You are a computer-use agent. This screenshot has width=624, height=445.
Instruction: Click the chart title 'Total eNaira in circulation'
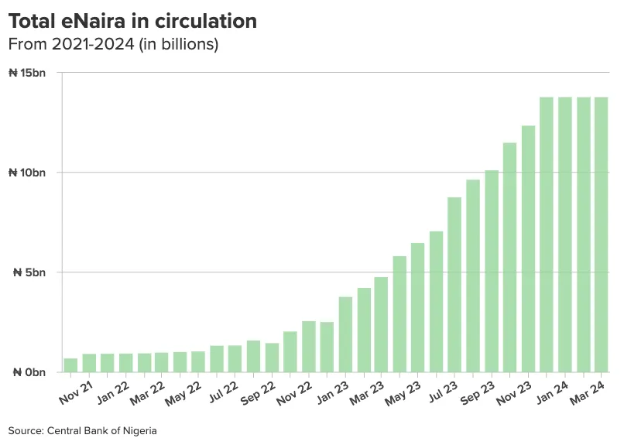click(x=132, y=22)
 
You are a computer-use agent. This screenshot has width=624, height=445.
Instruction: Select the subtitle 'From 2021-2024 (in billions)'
click(x=113, y=45)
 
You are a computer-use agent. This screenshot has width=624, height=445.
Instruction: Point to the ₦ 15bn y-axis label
click(x=28, y=73)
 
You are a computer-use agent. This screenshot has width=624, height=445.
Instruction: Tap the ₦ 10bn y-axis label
click(x=28, y=173)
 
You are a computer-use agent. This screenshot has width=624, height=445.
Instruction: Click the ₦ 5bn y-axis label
click(x=31, y=272)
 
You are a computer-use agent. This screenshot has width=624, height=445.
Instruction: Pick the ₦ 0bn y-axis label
click(x=31, y=372)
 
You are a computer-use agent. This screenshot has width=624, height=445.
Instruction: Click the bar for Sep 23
click(x=492, y=271)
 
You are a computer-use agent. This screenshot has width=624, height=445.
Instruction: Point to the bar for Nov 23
click(x=528, y=248)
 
